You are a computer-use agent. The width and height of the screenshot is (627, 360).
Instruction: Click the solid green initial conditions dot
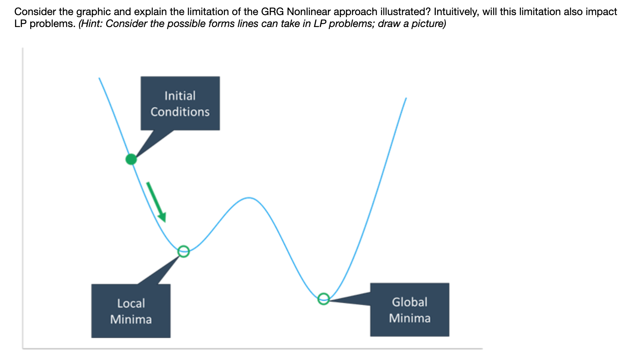(x=131, y=159)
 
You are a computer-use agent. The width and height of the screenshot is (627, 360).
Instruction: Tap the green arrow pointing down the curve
(x=156, y=201)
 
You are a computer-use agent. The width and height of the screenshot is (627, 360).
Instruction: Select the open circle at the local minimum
(x=183, y=251)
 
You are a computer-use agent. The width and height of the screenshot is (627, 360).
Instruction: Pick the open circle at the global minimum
(x=323, y=298)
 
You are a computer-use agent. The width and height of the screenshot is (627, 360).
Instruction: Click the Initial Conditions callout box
(x=180, y=103)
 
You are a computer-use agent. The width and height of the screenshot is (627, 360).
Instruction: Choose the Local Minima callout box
(x=131, y=311)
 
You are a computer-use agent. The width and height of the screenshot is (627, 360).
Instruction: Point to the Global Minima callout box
(x=410, y=310)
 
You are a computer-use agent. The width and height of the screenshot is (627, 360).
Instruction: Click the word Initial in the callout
(x=180, y=96)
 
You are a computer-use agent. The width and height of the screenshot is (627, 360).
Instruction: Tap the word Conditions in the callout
(x=180, y=112)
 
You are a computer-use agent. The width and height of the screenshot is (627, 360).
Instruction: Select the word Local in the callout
(x=131, y=304)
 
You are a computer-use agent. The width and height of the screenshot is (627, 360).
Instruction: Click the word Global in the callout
(x=410, y=302)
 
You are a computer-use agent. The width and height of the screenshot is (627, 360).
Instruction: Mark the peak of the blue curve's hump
(x=249, y=197)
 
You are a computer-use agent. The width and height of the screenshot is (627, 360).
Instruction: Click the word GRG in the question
(x=273, y=12)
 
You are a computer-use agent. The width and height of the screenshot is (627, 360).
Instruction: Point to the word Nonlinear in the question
(x=309, y=12)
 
